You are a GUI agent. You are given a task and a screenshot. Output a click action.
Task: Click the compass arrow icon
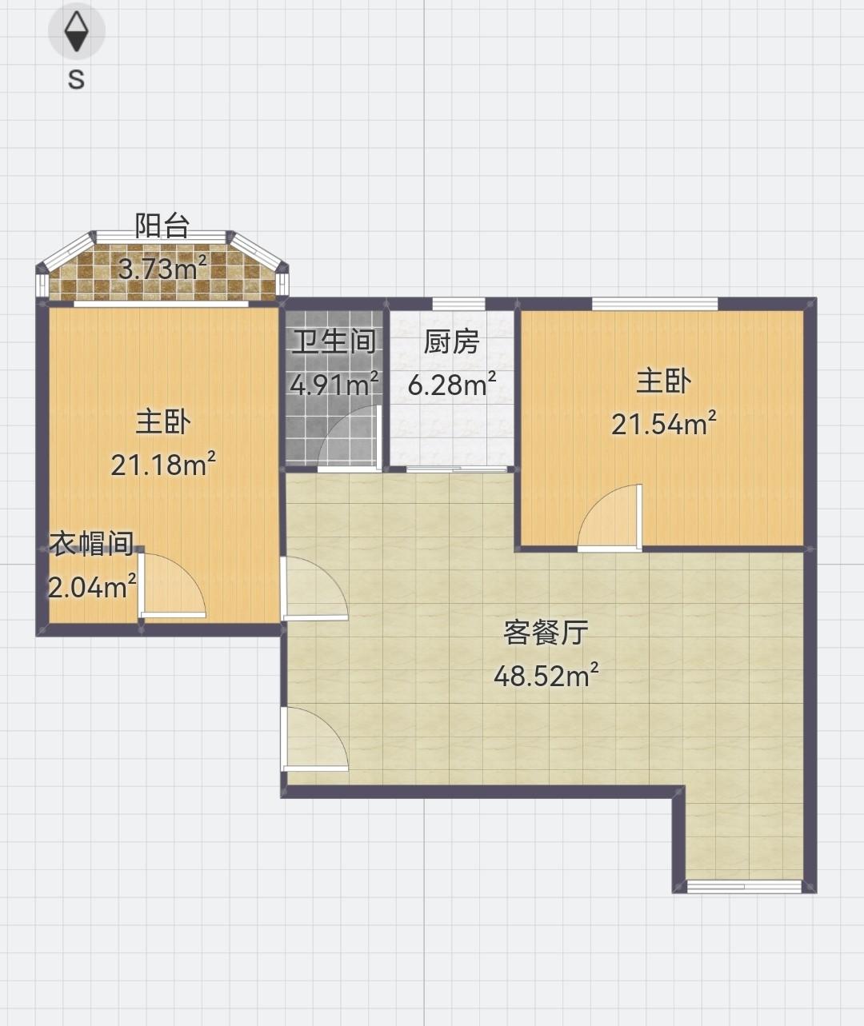pos(77,32)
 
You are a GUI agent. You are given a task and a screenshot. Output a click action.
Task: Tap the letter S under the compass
pos(76,79)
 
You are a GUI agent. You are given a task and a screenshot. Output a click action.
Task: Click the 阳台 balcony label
pos(162,226)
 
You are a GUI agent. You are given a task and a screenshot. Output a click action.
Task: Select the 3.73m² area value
pos(163,268)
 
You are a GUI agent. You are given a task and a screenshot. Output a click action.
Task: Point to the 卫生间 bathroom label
pos(334,342)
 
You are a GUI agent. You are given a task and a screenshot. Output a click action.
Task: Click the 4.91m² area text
pos(334,385)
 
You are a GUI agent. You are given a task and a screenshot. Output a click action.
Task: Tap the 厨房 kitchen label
pos(451,342)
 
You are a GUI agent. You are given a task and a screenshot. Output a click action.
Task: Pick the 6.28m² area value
pos(452,385)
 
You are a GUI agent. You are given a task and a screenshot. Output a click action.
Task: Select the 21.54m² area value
pos(663,424)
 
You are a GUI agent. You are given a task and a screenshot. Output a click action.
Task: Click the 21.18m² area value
pos(163,464)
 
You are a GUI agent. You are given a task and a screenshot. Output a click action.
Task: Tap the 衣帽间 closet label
pos(91,544)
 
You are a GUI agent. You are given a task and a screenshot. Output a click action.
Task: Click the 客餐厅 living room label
pos(546,633)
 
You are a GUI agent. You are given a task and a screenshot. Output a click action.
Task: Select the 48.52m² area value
pos(546,677)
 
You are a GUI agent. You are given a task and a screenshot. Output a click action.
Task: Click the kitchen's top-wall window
pos(458,303)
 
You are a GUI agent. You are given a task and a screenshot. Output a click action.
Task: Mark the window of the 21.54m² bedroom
pos(654,303)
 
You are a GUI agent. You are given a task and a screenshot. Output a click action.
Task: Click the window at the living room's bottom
pos(744,885)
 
